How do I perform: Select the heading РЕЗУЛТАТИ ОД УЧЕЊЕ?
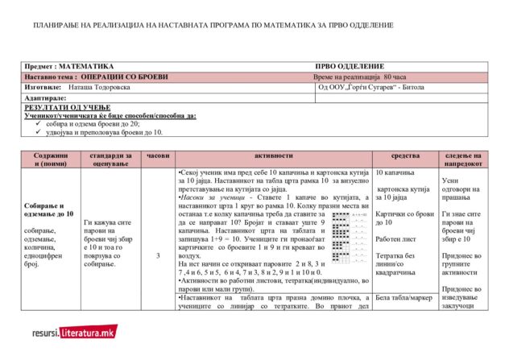click(68, 107)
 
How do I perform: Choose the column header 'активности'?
click(273, 154)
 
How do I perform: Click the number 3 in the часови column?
click(158, 255)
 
